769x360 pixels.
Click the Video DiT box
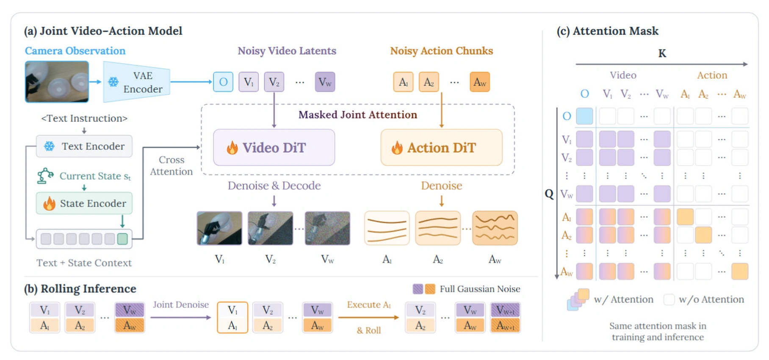(274, 147)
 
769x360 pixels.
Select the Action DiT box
(441, 147)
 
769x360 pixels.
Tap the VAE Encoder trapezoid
(136, 82)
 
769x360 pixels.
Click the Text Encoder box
(84, 146)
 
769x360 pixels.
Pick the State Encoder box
(84, 203)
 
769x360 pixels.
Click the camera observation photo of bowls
(57, 82)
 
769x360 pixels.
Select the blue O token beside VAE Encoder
(223, 82)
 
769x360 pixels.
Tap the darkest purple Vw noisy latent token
(325, 82)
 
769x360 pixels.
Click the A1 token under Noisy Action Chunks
(403, 82)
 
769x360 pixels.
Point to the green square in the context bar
(122, 239)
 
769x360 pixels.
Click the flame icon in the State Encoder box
(49, 203)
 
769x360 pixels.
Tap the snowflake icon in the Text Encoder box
(50, 146)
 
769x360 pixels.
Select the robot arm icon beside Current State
(45, 176)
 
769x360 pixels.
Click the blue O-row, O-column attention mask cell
(584, 116)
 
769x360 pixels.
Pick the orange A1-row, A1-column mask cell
(685, 217)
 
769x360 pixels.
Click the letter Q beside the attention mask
(549, 194)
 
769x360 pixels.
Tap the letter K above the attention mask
(662, 53)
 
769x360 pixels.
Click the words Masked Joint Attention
(358, 115)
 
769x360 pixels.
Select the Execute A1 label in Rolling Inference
(369, 305)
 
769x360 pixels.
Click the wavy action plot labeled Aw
(495, 228)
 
